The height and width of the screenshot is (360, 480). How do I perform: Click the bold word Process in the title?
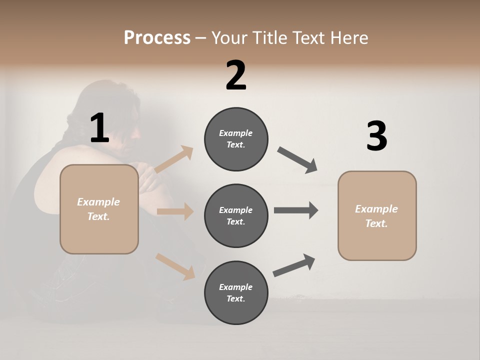157,38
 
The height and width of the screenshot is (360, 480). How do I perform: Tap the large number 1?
99,128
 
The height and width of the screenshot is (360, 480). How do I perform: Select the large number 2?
235,75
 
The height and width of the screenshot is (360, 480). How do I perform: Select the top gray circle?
236,139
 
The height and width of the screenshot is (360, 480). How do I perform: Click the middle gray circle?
236,216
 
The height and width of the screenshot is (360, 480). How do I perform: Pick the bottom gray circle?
236,293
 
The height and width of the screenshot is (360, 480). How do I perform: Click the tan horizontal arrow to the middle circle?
175,211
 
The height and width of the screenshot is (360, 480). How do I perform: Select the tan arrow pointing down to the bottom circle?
175,266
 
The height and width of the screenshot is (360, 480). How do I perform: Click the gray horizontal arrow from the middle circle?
295,210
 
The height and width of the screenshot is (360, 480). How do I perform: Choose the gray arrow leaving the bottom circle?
294,265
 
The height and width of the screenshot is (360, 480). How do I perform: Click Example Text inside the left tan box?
98,209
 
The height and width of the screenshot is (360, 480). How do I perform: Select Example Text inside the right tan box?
376,216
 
